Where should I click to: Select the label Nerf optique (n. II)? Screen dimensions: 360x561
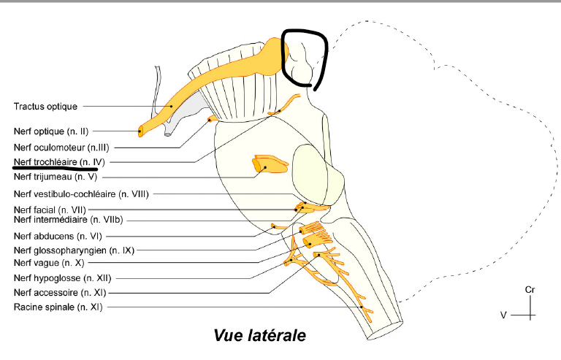(50, 132)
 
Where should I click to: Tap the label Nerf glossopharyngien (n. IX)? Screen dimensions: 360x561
(70, 250)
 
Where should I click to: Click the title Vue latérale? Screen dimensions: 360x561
(259, 335)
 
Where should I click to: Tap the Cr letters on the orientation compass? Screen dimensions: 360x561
(530, 290)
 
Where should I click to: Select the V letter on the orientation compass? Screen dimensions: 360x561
(503, 315)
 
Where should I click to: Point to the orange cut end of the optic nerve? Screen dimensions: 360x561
(141, 132)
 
